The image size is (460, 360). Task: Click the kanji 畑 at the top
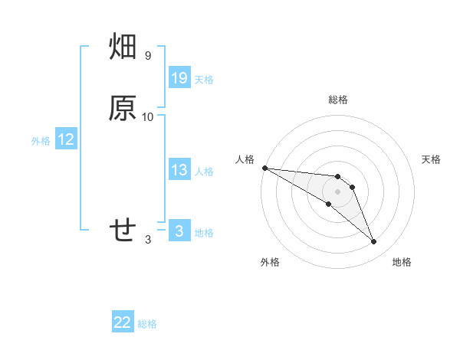pos(123,48)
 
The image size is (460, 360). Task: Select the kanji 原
pos(123,109)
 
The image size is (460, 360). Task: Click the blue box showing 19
pos(179,78)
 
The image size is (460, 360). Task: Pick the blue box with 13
pos(179,170)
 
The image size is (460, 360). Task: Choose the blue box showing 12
pos(66,139)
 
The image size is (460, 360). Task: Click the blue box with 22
pos(123,323)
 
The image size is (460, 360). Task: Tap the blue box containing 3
pos(179,231)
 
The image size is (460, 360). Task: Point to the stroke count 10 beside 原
pos(148,116)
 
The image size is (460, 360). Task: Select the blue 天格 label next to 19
pos(204,80)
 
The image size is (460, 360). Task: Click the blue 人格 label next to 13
pos(204,172)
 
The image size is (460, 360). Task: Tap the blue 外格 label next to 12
pos(41,141)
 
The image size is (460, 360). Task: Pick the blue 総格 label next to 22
pos(147,325)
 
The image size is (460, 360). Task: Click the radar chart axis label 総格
pos(338,100)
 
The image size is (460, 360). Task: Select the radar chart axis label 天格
pos(432,159)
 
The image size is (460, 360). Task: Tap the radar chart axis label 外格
pos(270,262)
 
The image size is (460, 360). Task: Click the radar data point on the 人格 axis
pos(264,168)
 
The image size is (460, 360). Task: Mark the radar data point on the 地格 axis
pos(374,242)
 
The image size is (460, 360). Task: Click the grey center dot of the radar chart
pos(337,191)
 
